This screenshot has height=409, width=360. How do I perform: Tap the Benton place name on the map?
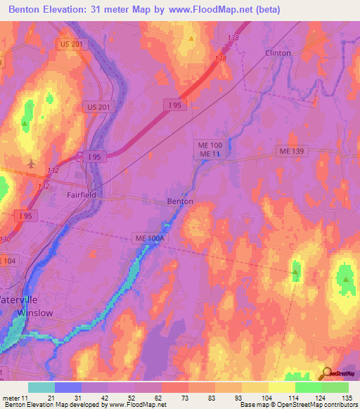[179, 201]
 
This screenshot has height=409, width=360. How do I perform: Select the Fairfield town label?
[81, 195]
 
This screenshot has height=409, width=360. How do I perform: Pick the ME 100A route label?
[150, 239]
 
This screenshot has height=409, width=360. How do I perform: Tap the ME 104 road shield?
[6, 261]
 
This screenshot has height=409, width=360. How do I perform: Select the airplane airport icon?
[31, 163]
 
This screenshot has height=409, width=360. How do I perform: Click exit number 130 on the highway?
[6, 239]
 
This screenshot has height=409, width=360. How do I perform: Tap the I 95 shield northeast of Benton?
[175, 105]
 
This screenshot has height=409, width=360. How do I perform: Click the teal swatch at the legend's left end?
[41, 387]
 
